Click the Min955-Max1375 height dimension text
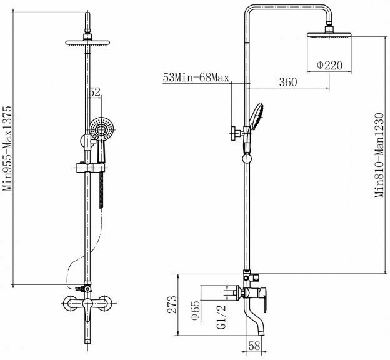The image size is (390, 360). [8, 149]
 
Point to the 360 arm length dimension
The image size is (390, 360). [287, 81]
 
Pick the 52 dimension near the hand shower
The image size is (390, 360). [94, 92]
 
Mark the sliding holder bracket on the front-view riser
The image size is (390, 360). [89, 167]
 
